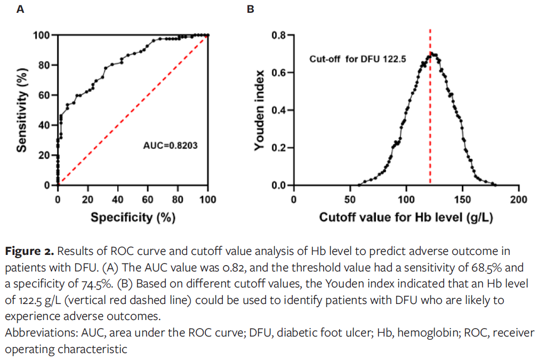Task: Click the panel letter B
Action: click(x=250, y=9)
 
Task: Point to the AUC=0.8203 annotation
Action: click(x=169, y=144)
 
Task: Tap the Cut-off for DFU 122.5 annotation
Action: click(x=358, y=59)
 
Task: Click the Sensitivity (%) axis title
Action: click(x=21, y=110)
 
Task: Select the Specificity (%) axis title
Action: click(x=133, y=217)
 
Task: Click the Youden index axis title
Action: click(x=260, y=110)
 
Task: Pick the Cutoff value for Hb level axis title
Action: click(x=406, y=217)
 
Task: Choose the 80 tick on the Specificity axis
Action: click(x=178, y=199)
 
